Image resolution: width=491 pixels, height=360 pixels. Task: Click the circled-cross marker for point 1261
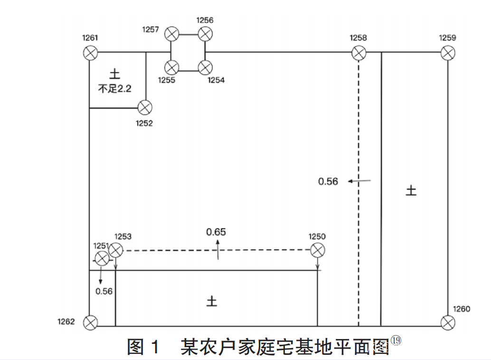pyautogui.click(x=90, y=52)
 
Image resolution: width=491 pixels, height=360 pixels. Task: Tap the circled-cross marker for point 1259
pyautogui.click(x=447, y=52)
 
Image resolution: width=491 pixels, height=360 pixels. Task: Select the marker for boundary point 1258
pyautogui.click(x=359, y=53)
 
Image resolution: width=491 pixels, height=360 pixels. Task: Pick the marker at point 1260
pyautogui.click(x=447, y=323)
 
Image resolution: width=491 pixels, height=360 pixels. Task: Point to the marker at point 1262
pyautogui.click(x=90, y=323)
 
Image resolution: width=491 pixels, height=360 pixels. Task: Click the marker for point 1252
pyautogui.click(x=145, y=108)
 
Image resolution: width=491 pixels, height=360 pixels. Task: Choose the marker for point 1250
pyautogui.click(x=317, y=250)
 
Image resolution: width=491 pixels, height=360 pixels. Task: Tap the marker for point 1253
pyautogui.click(x=115, y=249)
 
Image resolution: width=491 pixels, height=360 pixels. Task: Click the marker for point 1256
pyautogui.click(x=205, y=34)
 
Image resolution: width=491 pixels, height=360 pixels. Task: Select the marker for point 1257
pyautogui.click(x=172, y=34)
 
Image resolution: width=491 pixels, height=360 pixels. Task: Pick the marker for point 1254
pyautogui.click(x=205, y=67)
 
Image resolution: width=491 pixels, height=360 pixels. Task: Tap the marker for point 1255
pyautogui.click(x=172, y=67)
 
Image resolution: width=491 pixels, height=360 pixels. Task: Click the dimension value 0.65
pyautogui.click(x=216, y=232)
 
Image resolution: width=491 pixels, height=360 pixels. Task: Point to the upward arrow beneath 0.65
pyautogui.click(x=218, y=249)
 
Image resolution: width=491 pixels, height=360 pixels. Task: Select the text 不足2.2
pyautogui.click(x=114, y=88)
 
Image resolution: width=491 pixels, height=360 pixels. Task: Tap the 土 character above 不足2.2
pyautogui.click(x=115, y=74)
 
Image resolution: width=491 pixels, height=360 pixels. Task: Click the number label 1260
pyautogui.click(x=461, y=309)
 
